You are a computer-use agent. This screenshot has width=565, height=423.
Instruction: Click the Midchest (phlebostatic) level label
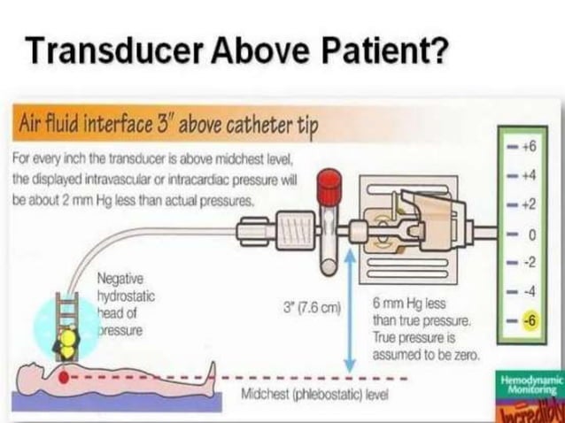314,394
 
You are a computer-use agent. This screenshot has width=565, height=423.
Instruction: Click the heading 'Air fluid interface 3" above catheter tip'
168,127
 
